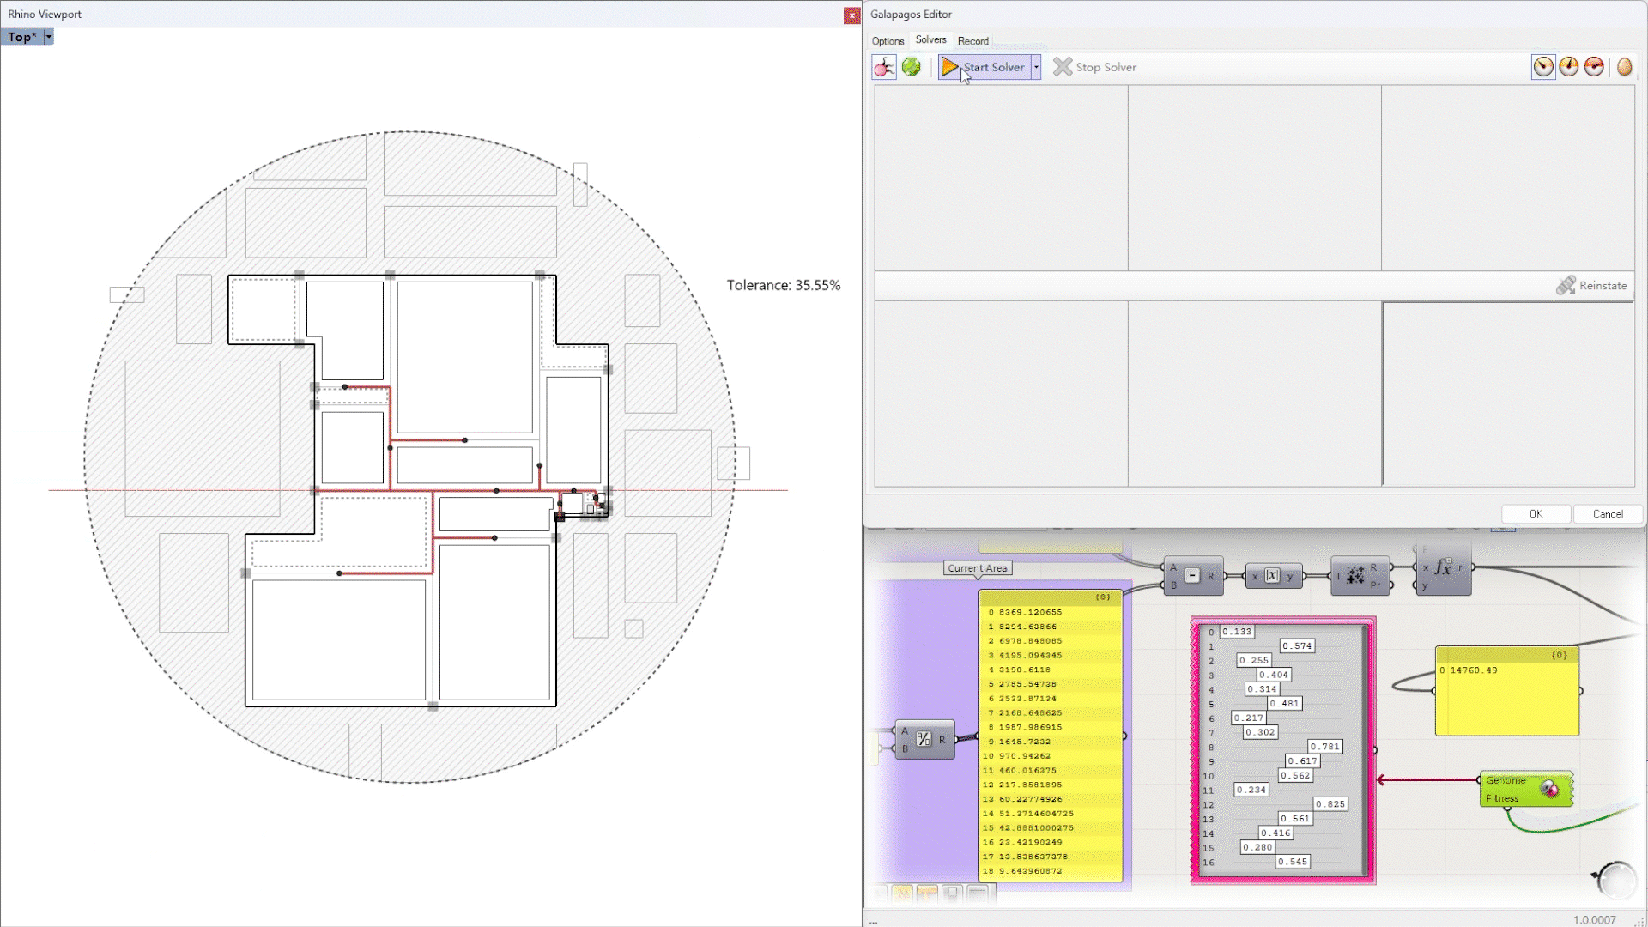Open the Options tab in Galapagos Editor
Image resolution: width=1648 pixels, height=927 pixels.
[x=888, y=41]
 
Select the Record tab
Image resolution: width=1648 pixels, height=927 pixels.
[x=972, y=41]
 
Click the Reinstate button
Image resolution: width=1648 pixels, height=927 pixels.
[x=1592, y=286]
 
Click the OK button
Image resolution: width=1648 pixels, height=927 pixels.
[x=1536, y=514]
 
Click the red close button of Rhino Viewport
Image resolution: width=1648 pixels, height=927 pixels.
[x=851, y=15]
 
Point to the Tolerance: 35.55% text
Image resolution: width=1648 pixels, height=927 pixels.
[x=783, y=285]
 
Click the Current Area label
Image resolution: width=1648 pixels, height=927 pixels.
[x=977, y=568]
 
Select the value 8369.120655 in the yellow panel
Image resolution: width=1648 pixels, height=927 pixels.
[x=1030, y=612]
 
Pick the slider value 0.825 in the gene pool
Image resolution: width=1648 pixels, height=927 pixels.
[x=1330, y=804]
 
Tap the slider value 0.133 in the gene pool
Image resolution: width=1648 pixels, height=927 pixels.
[x=1237, y=632]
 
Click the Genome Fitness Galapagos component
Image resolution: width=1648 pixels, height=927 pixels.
[x=1525, y=789]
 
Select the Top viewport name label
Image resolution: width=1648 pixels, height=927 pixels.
[x=21, y=37]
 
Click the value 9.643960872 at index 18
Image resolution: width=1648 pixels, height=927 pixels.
[x=1030, y=871]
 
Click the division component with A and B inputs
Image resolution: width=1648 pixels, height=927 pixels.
[x=924, y=739]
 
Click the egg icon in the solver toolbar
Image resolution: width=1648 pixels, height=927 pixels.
[x=1624, y=67]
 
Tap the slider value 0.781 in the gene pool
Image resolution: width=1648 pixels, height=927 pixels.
[x=1324, y=747]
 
